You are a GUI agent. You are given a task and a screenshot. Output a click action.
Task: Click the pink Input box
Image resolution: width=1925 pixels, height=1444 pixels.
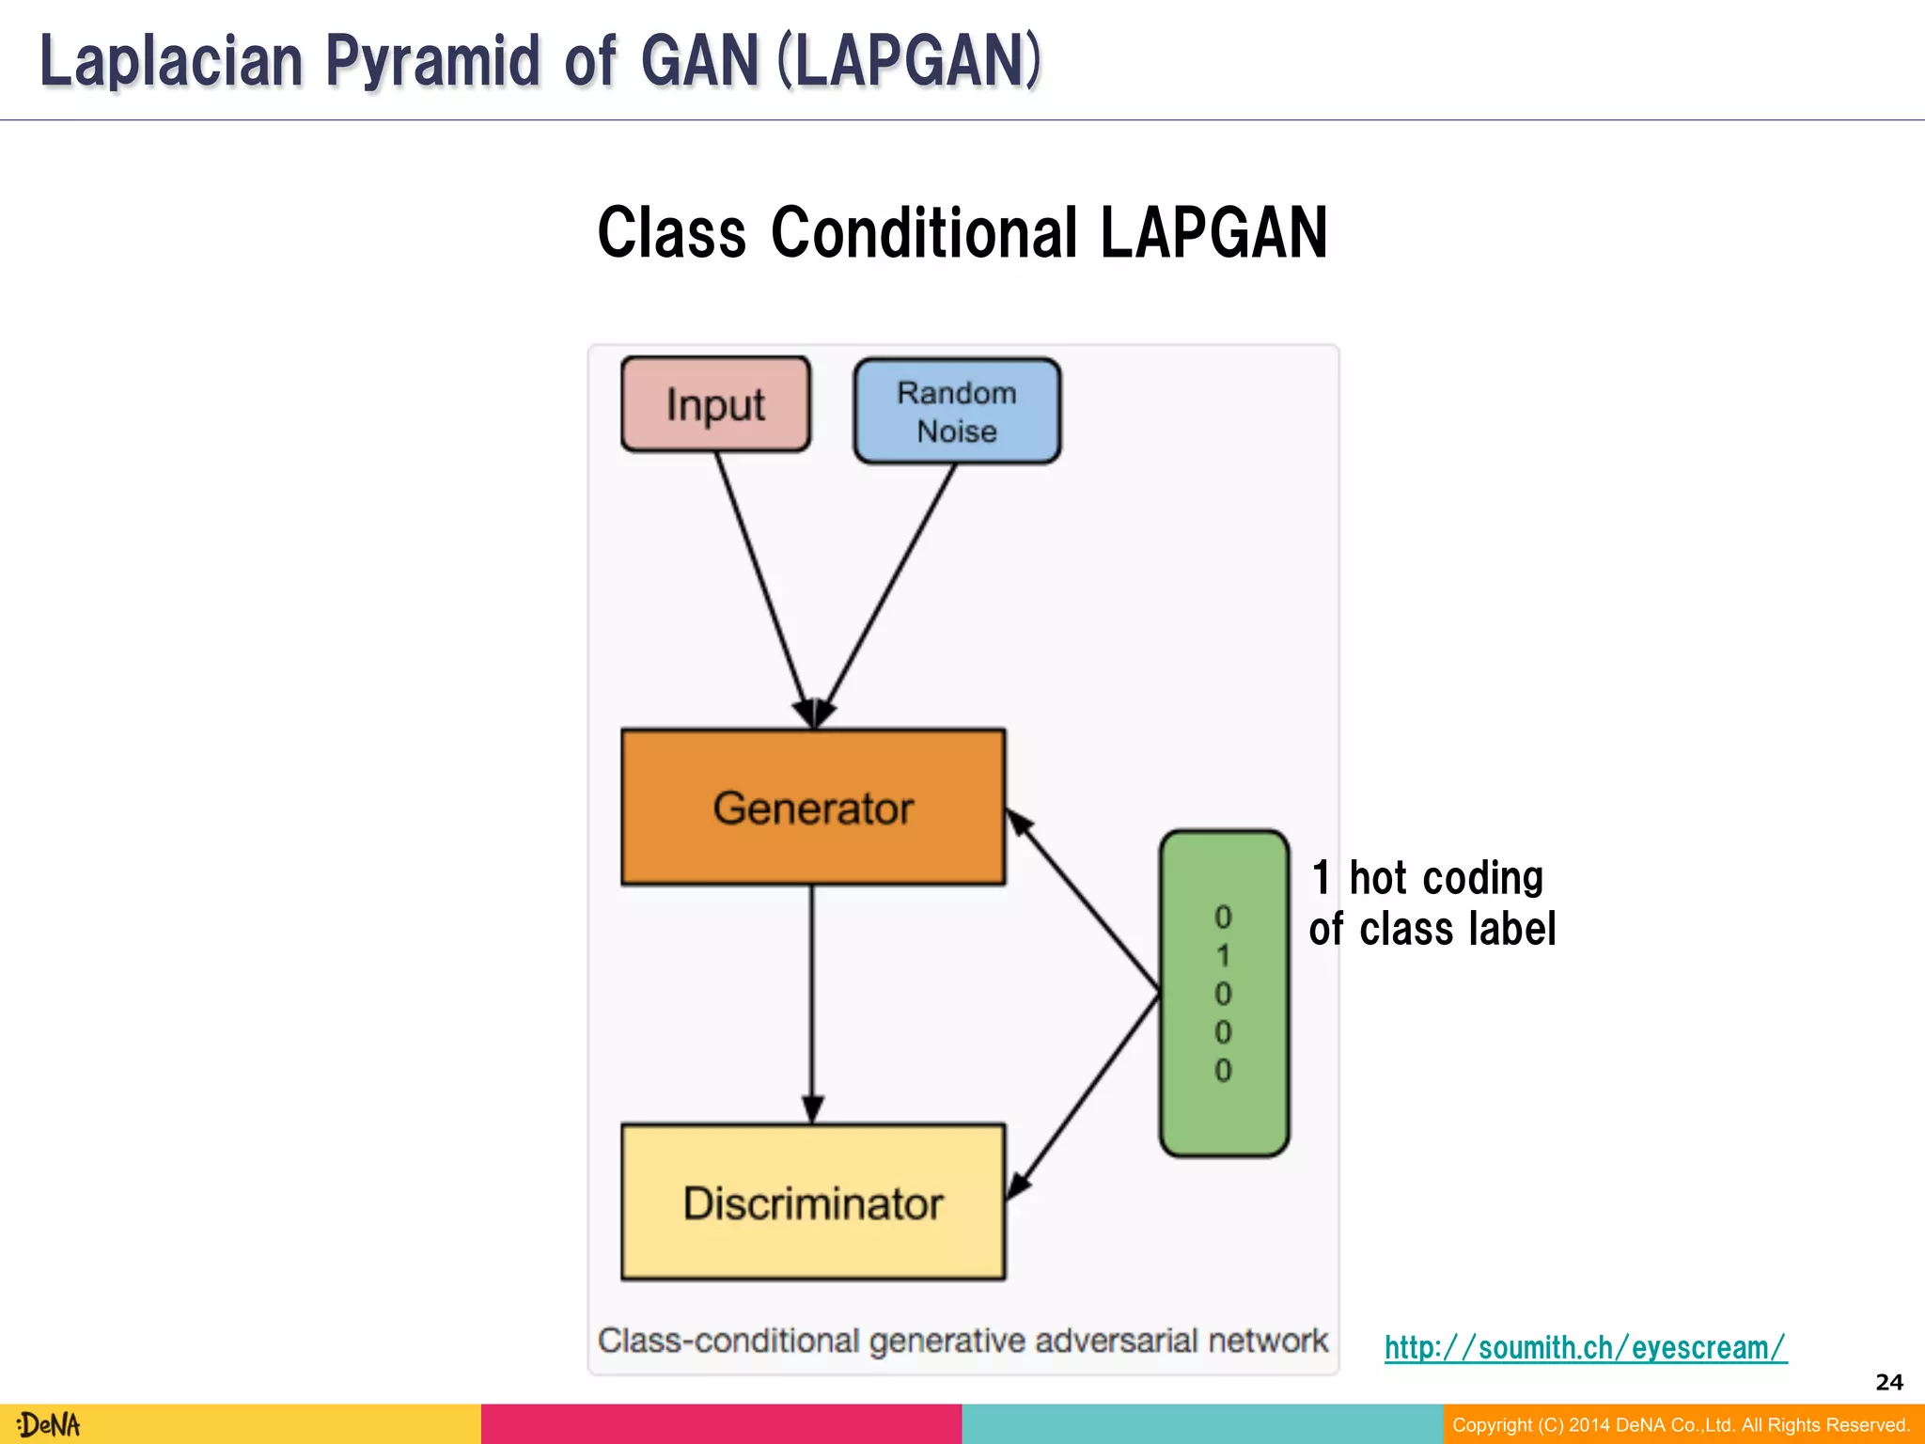click(x=715, y=404)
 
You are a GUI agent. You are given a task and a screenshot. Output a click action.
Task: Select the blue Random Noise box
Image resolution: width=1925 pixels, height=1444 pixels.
click(x=957, y=412)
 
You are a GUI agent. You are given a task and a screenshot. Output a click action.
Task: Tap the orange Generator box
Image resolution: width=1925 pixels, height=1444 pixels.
click(x=813, y=808)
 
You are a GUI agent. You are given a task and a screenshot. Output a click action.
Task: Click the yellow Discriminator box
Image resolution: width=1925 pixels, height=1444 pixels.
click(x=813, y=1202)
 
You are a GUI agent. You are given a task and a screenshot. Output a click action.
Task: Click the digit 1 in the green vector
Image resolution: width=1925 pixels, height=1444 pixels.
click(x=1223, y=956)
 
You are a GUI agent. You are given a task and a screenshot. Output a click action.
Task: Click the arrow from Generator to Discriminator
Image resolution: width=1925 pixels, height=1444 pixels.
click(x=812, y=997)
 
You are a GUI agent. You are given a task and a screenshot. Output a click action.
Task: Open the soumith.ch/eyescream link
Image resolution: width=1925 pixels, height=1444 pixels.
click(x=1585, y=1347)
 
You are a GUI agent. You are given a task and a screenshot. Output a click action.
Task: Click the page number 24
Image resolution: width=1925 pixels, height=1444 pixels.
click(x=1888, y=1382)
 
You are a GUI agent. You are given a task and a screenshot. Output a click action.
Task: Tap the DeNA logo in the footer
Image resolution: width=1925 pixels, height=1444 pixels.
click(x=49, y=1424)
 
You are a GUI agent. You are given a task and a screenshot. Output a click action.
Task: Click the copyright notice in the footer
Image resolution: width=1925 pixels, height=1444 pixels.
click(x=1681, y=1424)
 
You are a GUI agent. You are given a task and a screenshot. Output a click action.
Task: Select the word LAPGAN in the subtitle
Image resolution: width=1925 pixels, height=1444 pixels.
click(x=1213, y=233)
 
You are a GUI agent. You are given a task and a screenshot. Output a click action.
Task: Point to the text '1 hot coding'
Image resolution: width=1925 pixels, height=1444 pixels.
click(x=1427, y=878)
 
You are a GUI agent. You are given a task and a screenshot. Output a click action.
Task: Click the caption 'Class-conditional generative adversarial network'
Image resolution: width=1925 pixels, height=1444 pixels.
click(x=962, y=1340)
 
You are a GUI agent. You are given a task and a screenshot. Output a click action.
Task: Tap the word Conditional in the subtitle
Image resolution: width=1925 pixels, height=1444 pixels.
click(x=924, y=233)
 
